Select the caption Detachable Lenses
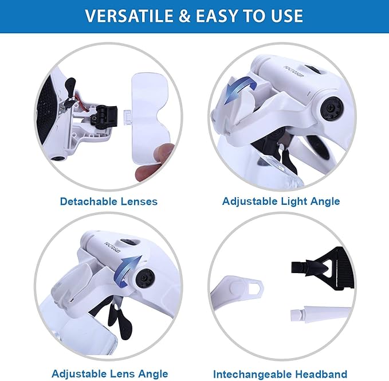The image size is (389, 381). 108,201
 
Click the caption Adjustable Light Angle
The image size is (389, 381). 281,201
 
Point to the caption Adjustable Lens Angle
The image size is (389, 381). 109,374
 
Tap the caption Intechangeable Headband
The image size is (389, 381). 281,374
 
